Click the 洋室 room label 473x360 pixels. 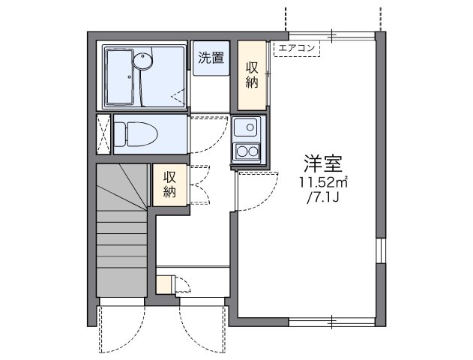tap(323, 163)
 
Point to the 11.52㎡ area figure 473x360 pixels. tap(323, 182)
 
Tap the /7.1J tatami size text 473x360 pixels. tap(323, 198)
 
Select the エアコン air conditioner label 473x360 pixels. tap(297, 48)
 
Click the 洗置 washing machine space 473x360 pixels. tap(211, 58)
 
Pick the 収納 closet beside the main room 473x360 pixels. tap(252, 75)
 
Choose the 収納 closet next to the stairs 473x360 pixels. tap(169, 184)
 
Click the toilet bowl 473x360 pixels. tap(136, 134)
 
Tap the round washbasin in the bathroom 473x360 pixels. tap(142, 61)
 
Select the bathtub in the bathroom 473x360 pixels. tap(120, 76)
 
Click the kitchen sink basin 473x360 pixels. tap(246, 127)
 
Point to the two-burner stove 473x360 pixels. tap(247, 151)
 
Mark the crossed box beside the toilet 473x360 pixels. tap(103, 134)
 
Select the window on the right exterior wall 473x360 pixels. tap(381, 250)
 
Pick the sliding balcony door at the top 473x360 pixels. tap(332, 36)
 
